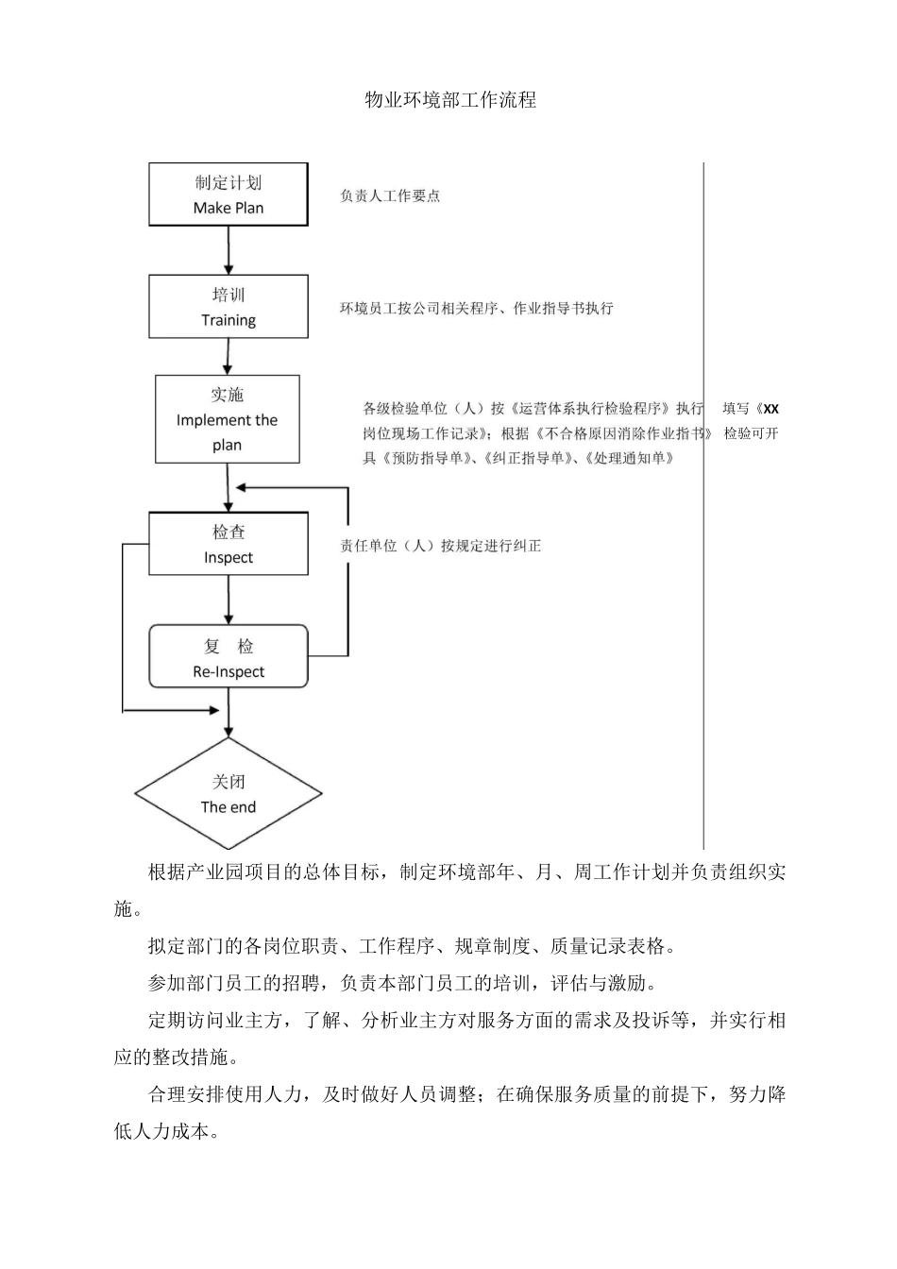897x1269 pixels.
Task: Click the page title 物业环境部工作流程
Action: [450, 100]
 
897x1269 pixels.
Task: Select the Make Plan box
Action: [228, 195]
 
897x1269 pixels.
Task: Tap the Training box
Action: [228, 307]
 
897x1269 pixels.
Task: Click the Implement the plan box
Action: [228, 419]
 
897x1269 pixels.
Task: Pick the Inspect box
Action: [228, 544]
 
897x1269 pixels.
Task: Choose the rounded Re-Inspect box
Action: [228, 656]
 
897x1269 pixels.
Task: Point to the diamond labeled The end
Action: [228, 793]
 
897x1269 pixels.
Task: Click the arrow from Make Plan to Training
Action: [228, 250]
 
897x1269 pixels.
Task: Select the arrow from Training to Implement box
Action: [228, 356]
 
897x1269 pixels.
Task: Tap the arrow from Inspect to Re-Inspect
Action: [228, 599]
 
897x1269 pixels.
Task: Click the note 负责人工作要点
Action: [390, 196]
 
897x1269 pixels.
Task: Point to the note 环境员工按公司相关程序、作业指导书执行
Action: [477, 309]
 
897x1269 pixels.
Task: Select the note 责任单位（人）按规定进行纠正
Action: [441, 546]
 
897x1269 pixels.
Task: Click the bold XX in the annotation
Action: [770, 409]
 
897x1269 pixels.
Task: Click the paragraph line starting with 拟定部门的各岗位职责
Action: [412, 946]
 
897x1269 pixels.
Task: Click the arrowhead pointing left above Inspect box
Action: [242, 487]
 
